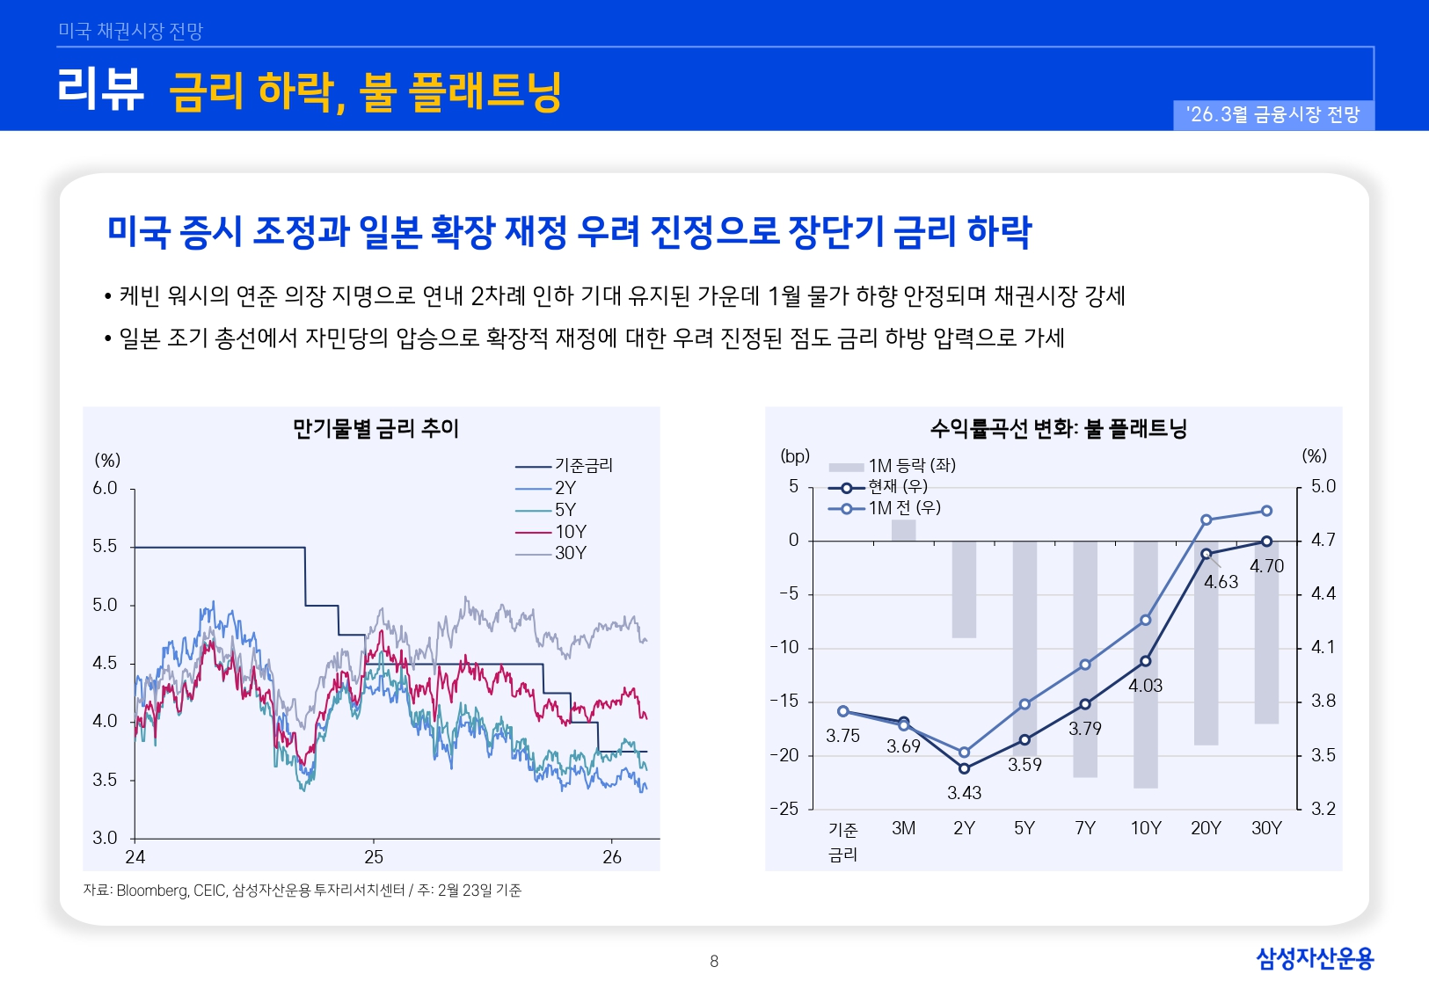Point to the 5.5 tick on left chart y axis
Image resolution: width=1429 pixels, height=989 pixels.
coord(105,546)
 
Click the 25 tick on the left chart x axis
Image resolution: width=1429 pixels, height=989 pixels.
coord(374,856)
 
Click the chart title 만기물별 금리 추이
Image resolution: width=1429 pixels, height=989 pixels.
coord(375,428)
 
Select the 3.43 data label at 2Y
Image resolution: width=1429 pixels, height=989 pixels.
coord(964,792)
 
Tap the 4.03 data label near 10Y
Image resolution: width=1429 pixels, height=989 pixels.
coord(1145,685)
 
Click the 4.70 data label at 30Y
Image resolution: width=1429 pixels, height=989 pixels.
coord(1266,566)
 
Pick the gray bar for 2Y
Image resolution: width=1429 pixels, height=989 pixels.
coord(964,589)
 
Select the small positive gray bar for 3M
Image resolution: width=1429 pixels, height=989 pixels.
coord(903,530)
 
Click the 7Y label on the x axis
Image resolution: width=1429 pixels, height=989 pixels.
coord(1084,828)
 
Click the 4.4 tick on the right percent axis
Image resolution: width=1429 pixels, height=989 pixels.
coord(1323,593)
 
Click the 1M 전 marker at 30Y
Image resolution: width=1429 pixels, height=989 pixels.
coord(1266,511)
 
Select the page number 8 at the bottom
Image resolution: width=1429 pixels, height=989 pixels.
coord(714,961)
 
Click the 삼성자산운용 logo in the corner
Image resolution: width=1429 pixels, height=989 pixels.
coord(1314,957)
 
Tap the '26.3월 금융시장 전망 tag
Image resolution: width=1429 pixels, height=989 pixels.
coord(1272,115)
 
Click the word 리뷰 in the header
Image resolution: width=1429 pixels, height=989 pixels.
coord(100,90)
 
